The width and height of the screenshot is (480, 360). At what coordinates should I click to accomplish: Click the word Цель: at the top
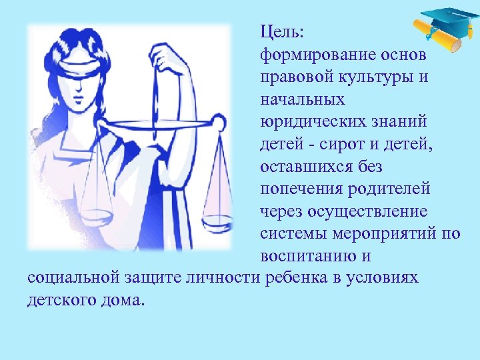click(x=282, y=31)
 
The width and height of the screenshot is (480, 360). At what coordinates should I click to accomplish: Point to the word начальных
click(x=303, y=99)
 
